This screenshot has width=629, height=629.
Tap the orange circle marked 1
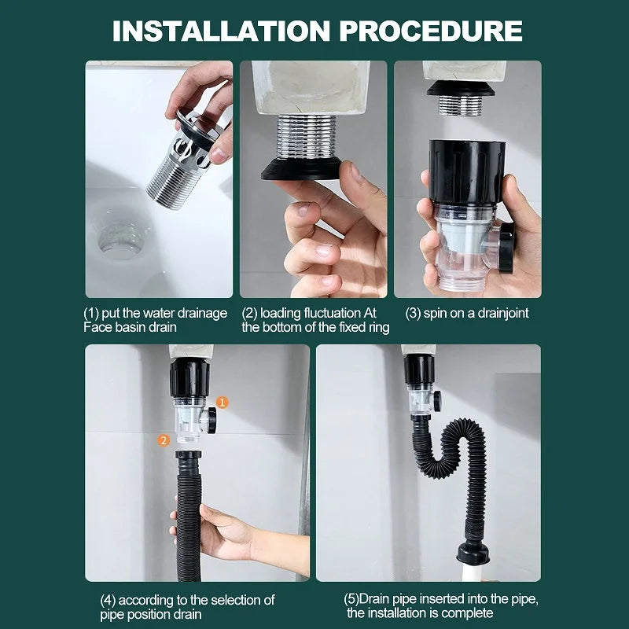(x=223, y=402)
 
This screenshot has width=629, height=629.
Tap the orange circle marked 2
(x=164, y=440)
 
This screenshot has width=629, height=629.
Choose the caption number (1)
(x=93, y=313)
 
